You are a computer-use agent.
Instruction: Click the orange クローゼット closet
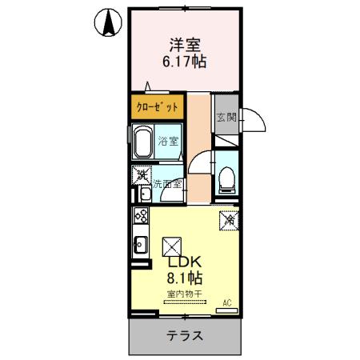155,106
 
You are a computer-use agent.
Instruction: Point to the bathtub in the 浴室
143,142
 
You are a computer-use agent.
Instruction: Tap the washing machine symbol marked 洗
141,173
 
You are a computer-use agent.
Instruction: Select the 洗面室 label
169,184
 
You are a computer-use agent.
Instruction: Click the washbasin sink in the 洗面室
143,194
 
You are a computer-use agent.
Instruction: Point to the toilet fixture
225,178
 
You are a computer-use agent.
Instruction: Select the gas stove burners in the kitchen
140,216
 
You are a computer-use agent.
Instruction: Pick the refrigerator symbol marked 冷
226,217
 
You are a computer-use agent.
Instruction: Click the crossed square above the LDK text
171,246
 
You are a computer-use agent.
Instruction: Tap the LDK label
184,263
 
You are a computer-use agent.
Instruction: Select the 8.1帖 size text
184,279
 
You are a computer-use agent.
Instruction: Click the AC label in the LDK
226,302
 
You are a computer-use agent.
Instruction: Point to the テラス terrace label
184,336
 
